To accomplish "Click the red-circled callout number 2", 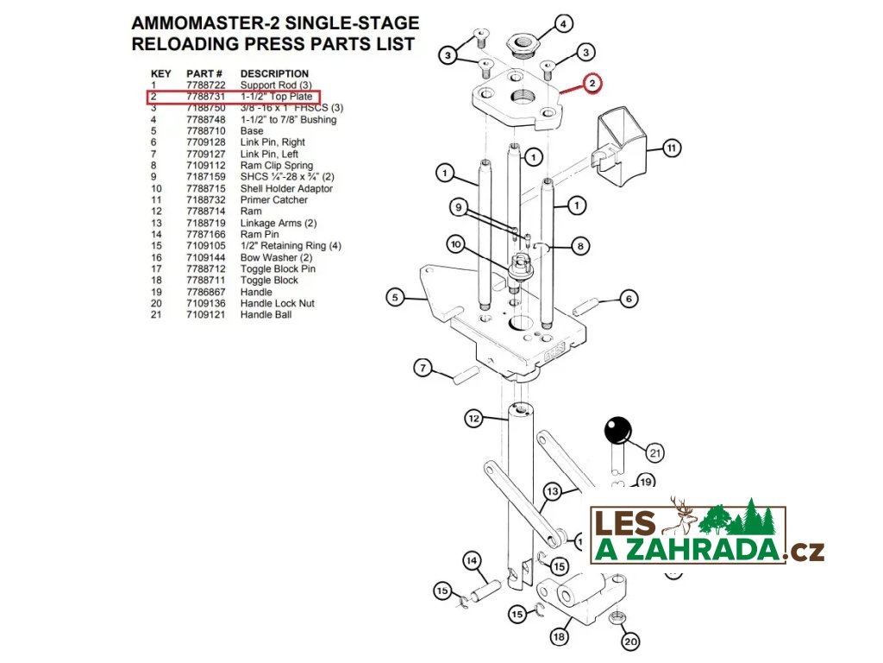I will click(592, 84).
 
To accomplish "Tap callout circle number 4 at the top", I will click(562, 23).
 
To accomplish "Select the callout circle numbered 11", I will click(672, 148).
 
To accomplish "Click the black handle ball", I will click(617, 429).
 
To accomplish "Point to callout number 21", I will click(655, 451).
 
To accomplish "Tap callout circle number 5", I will click(395, 298).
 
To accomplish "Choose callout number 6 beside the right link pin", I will click(629, 299).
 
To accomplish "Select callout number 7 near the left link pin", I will click(422, 369).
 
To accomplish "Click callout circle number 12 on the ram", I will click(473, 419).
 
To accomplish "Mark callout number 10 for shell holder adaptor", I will click(456, 245).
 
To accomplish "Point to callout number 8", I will click(580, 247).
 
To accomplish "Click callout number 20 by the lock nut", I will click(630, 641).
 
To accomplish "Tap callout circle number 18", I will click(559, 637).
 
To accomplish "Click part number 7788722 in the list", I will click(205, 85).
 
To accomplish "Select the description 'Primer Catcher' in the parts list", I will click(273, 200).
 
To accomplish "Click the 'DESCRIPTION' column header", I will click(274, 73).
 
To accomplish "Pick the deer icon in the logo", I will click(684, 516).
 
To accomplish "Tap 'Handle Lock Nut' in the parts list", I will click(277, 304).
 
